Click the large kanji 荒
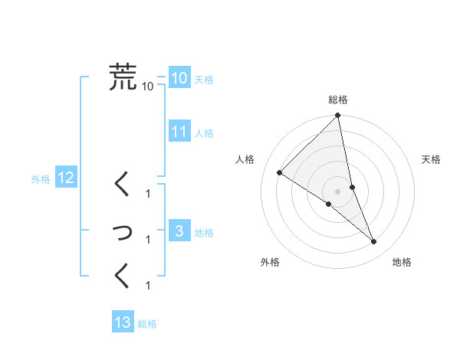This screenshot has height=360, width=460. tap(123, 77)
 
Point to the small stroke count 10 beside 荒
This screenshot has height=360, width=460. tap(148, 86)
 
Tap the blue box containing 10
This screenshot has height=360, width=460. tap(179, 78)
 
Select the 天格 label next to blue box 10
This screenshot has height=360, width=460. tap(204, 80)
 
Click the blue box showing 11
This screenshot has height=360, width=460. tap(179, 132)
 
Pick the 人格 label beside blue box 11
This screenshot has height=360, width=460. tap(204, 133)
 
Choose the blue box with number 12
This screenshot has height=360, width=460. tap(65, 178)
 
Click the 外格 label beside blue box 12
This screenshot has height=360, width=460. tap(41, 180)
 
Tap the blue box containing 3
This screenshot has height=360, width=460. tap(179, 231)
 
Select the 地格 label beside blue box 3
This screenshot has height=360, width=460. tap(204, 233)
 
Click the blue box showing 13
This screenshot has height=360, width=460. tap(123, 322)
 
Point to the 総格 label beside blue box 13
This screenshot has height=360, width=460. tap(148, 324)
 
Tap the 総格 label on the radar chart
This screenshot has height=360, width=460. tap(338, 100)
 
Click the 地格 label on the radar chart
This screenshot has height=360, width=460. tap(402, 262)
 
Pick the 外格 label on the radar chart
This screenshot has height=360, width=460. tap(270, 262)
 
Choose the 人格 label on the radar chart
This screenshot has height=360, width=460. tap(245, 159)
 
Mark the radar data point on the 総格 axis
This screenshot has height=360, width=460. tap(338, 116)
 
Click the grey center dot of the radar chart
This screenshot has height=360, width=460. tap(338, 191)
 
